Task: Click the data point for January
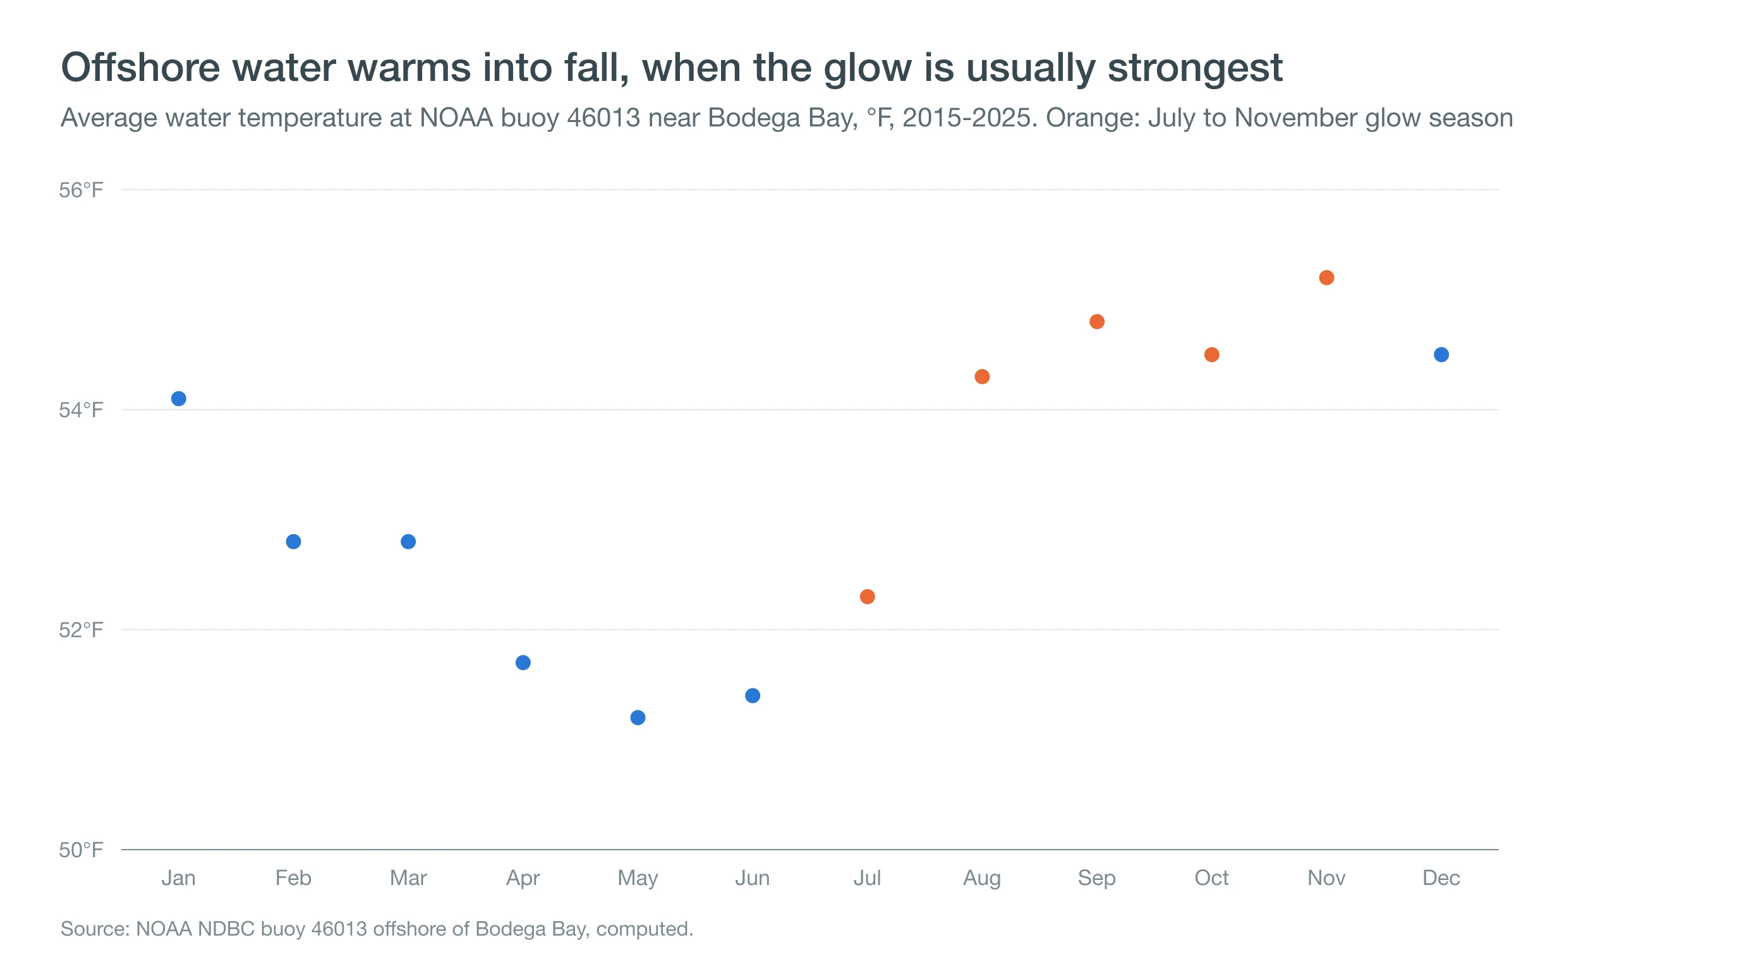(x=178, y=398)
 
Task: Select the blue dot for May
(x=637, y=717)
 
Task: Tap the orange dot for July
(x=867, y=596)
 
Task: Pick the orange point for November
(x=1326, y=278)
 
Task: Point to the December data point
(x=1441, y=355)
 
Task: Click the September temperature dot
(x=1096, y=321)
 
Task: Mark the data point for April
(x=523, y=663)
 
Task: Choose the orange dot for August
(x=981, y=376)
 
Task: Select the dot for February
(x=293, y=542)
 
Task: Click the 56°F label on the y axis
(x=81, y=190)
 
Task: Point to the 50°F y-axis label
(x=81, y=850)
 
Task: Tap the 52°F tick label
(x=81, y=630)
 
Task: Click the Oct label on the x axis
(x=1211, y=878)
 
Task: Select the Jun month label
(x=752, y=878)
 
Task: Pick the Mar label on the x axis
(x=408, y=878)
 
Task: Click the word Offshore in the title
(x=140, y=68)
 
